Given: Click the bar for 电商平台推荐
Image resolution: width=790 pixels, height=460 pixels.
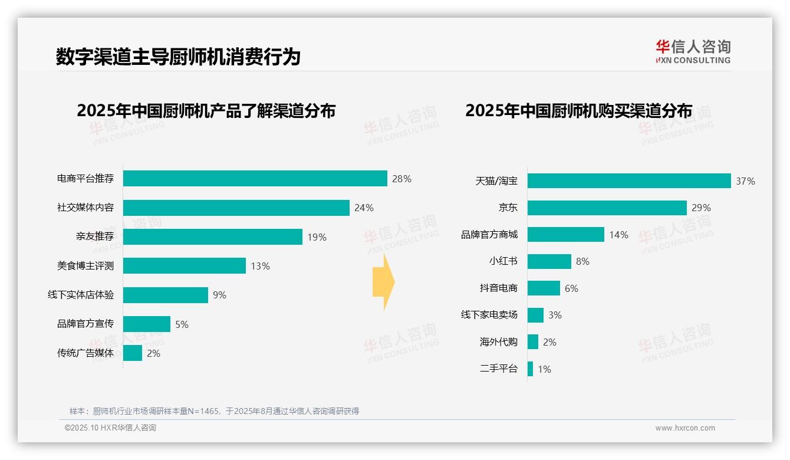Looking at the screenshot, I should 255,179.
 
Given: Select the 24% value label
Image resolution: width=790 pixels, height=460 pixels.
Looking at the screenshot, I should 364,208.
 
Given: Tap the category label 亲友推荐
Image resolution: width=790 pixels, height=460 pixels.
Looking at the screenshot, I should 94,237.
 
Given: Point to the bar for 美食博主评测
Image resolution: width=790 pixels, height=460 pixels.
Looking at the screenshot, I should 184,266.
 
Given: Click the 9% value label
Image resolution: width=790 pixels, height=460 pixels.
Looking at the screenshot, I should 219,295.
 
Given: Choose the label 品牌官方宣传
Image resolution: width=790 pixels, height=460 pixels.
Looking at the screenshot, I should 85,324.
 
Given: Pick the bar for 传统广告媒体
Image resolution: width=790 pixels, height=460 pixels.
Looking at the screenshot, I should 133,353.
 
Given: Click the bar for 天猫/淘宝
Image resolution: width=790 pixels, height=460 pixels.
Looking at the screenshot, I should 629,181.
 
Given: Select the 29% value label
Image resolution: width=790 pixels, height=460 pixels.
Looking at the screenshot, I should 701,208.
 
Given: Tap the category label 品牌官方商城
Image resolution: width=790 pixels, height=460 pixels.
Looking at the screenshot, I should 489,235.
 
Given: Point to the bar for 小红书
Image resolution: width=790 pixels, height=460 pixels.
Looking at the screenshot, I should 549,261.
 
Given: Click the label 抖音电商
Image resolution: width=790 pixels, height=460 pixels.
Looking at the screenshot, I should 498,288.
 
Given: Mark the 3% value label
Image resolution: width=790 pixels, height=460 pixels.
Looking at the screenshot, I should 555,315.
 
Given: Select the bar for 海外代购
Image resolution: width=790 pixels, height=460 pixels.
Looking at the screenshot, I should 533,342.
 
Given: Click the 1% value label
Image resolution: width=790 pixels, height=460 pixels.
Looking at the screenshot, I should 544,369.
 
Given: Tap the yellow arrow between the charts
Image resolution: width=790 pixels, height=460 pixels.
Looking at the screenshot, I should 384,282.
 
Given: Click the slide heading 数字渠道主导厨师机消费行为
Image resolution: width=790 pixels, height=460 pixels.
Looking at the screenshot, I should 178,57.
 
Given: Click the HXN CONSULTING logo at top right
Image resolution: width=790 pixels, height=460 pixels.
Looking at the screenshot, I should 693,51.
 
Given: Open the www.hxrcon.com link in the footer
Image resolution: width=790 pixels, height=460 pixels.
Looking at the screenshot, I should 684,428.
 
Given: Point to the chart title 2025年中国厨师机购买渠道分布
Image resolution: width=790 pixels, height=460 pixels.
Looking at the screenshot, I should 578,110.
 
